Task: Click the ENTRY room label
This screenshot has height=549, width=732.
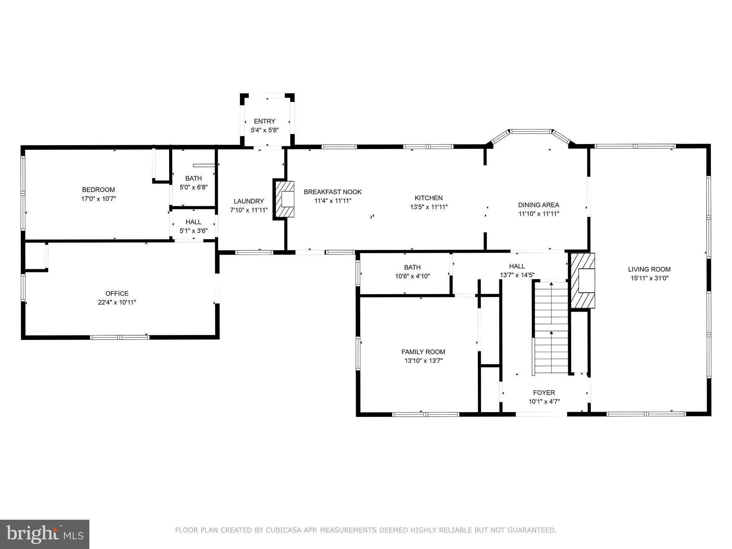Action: [264, 121]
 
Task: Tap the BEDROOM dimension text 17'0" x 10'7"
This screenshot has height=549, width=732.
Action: [99, 199]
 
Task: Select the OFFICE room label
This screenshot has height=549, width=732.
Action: [117, 293]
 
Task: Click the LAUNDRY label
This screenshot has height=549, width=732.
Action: [249, 201]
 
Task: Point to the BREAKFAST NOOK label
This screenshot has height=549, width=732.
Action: [332, 192]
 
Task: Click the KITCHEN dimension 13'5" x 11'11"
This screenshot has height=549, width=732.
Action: [429, 207]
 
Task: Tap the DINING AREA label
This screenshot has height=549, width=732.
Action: [538, 205]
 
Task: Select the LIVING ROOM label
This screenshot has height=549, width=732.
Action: [649, 269]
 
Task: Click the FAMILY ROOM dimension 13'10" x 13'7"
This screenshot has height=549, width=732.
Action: [424, 361]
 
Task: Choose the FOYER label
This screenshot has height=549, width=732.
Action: [544, 392]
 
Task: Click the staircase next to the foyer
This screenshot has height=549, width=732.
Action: [551, 327]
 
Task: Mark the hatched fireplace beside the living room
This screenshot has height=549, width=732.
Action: [583, 281]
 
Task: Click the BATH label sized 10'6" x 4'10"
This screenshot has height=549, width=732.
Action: [412, 267]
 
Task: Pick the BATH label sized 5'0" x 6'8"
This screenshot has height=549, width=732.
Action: [193, 178]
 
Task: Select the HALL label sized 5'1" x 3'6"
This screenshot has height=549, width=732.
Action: [193, 222]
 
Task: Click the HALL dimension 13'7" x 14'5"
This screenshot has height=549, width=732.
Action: [517, 275]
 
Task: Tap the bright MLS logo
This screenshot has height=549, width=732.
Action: [45, 534]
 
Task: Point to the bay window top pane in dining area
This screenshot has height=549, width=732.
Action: [530, 132]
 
